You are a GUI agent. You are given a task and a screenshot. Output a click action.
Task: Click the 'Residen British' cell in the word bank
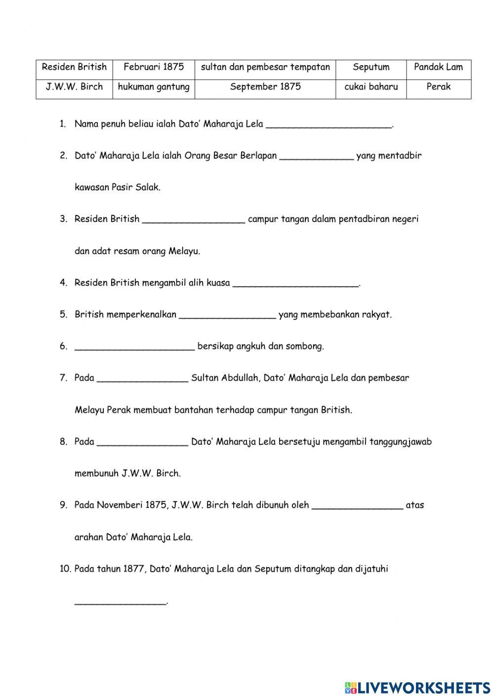tap(74, 67)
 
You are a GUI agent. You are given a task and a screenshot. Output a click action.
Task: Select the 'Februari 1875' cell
tap(154, 67)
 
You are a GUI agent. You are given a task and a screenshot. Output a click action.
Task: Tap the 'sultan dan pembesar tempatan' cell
tap(265, 67)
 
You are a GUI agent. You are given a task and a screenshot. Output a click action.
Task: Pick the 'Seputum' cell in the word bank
tap(371, 67)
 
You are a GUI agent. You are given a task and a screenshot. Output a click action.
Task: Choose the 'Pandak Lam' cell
tap(438, 67)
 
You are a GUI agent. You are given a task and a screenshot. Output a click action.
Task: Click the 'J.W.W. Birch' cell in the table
tap(74, 87)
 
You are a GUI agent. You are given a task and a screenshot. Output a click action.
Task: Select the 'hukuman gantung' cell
tap(154, 87)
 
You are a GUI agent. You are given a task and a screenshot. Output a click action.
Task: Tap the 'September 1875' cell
tap(265, 87)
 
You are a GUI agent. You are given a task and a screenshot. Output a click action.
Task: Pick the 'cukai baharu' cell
tap(371, 87)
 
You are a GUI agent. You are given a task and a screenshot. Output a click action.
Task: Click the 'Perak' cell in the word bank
tap(438, 87)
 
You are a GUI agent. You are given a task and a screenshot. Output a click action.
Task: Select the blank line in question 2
tap(316, 157)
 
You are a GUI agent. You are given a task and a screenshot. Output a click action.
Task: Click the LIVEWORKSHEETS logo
tap(417, 687)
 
